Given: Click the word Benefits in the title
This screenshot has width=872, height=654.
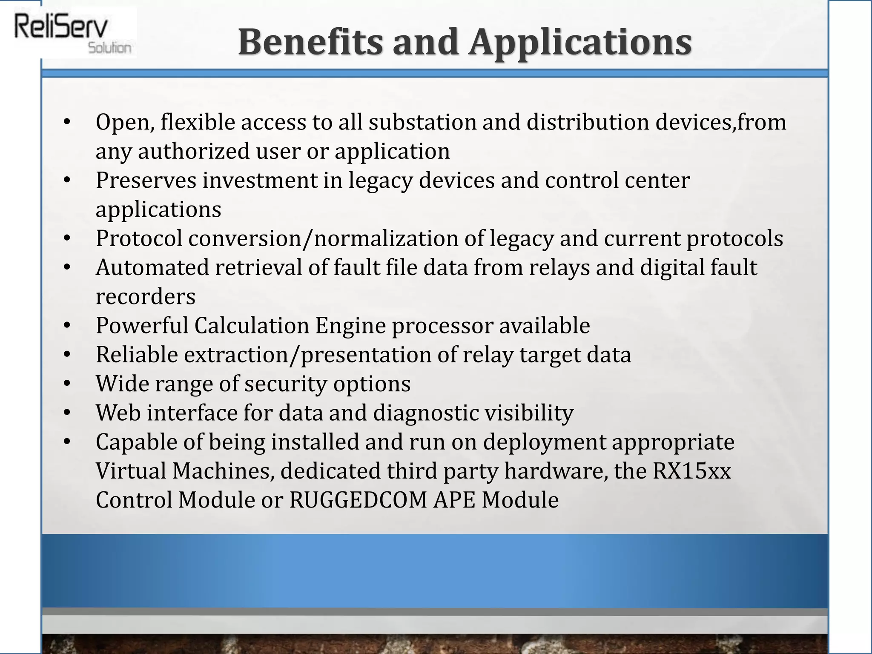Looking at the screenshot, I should coord(310,42).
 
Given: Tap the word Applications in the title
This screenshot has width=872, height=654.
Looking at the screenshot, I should coord(580,43).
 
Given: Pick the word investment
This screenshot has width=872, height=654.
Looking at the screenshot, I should coord(260,180).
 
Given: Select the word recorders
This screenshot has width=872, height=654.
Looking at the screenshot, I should coord(146,297).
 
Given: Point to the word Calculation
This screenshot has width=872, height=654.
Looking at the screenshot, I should coord(252,326).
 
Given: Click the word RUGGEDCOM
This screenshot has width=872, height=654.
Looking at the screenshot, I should coord(358,500).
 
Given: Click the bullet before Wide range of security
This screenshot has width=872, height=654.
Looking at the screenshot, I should coord(66,384).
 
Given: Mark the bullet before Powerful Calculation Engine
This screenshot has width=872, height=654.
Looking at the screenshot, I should coord(66,326).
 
